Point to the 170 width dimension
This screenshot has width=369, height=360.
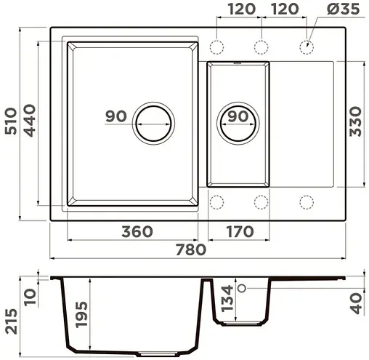coord(239,232)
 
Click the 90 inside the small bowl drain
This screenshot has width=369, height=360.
coord(238,116)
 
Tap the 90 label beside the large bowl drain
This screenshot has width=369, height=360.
coord(116,116)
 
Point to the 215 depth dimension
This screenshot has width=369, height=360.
coord(10,320)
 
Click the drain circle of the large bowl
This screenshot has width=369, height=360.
coord(153,121)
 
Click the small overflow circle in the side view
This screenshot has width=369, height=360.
coord(243,289)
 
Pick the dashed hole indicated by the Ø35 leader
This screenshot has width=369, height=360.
coord(306,47)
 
